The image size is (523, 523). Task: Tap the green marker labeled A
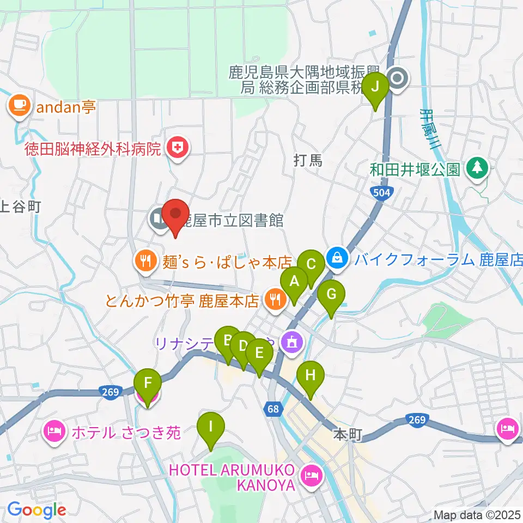click(x=294, y=283)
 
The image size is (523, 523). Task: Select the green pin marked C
click(x=311, y=265)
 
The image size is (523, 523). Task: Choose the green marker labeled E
click(x=259, y=354)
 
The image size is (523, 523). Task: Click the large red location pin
click(x=175, y=216)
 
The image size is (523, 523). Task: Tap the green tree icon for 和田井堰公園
click(x=477, y=167)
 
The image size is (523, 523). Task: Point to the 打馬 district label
click(x=309, y=160)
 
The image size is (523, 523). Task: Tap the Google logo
click(x=37, y=510)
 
